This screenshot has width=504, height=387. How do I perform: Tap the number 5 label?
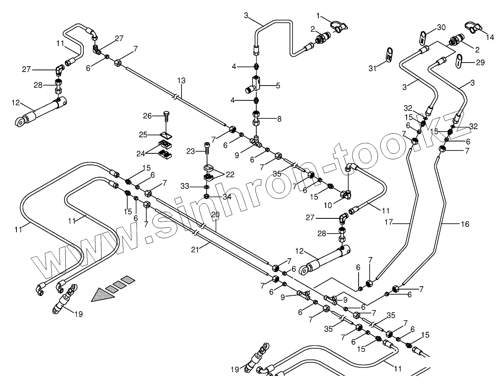278,86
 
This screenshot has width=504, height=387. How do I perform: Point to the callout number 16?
465,224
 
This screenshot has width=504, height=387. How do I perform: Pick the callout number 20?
216,215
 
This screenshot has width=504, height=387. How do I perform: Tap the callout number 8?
279,119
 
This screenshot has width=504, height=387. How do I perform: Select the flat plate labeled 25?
166,134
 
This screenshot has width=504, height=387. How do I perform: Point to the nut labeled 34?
206,195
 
